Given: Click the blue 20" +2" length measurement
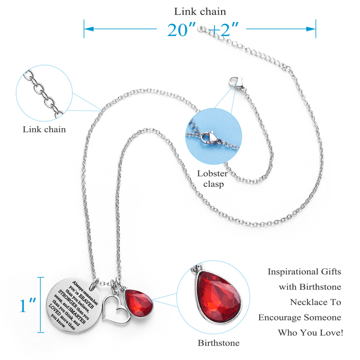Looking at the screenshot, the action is click(x=203, y=30).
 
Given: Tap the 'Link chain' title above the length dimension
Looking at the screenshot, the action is click(x=200, y=12).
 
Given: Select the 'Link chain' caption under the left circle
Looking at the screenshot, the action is click(x=44, y=130).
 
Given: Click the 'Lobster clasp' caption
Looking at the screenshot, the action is click(x=213, y=179).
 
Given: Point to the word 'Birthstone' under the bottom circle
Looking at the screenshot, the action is click(x=219, y=343).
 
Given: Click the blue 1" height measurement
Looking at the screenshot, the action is click(x=28, y=305).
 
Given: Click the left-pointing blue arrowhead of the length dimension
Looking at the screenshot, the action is click(x=89, y=29).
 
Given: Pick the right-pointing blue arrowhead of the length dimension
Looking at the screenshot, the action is click(x=311, y=29).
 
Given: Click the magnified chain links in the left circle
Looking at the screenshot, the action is click(x=43, y=94).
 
